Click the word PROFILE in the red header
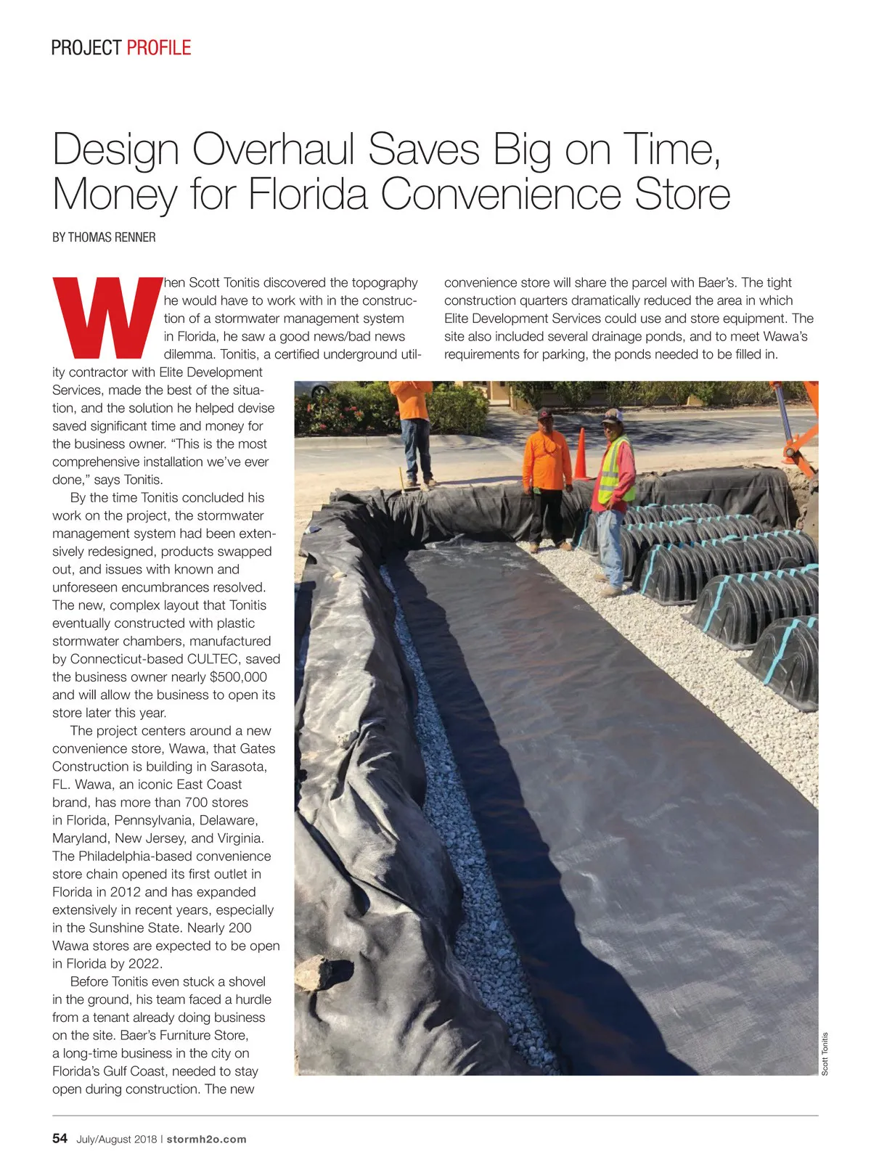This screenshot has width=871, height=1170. (x=158, y=48)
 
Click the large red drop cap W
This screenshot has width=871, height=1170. (x=109, y=317)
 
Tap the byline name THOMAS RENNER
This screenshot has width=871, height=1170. (x=112, y=237)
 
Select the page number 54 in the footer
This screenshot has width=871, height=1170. (x=60, y=1138)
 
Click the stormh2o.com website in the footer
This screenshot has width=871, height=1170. (x=206, y=1139)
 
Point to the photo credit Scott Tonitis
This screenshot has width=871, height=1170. (x=825, y=1054)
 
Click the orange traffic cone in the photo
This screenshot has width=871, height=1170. (x=581, y=456)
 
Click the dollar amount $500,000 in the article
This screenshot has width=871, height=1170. (x=238, y=677)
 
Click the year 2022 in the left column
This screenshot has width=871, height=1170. (x=144, y=964)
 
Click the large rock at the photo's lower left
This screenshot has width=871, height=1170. (x=314, y=973)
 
